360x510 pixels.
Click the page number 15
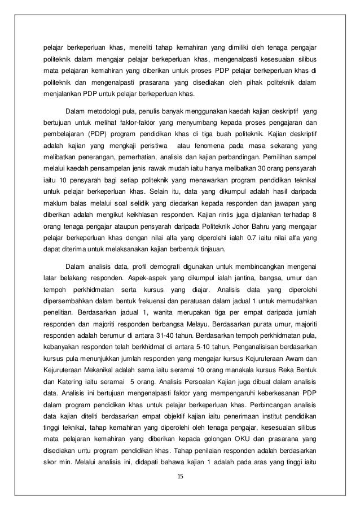point(180,476)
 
